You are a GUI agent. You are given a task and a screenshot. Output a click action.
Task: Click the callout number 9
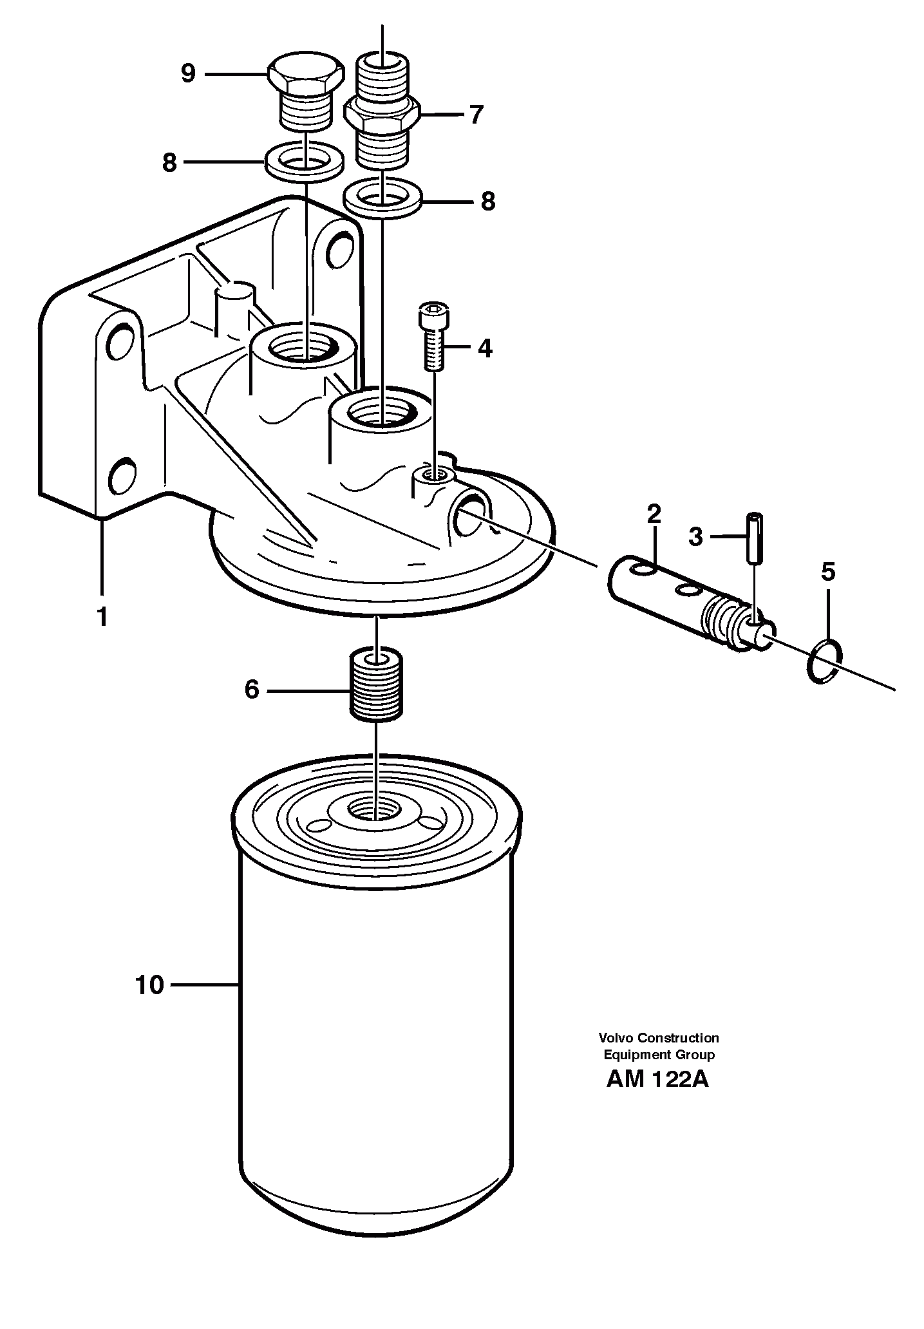point(188,74)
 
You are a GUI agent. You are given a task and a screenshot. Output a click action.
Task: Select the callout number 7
point(475,115)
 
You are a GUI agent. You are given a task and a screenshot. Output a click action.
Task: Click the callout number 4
point(485,348)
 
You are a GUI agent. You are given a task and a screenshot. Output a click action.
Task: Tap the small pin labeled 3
point(754,537)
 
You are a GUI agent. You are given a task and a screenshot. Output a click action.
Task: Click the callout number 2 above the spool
point(654,514)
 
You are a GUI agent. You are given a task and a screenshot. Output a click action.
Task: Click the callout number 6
point(251,690)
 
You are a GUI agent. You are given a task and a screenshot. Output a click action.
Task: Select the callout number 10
point(149,985)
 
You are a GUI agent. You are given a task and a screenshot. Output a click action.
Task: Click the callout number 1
point(101,617)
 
